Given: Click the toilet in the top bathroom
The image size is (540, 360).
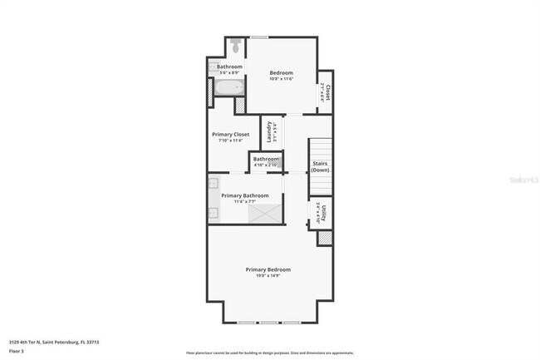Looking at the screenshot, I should click(236, 44).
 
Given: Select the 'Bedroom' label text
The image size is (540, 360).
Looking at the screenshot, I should click(281, 73).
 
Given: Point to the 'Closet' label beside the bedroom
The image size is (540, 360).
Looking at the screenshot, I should click(328, 92).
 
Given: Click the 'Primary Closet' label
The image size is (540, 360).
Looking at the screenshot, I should click(230, 134).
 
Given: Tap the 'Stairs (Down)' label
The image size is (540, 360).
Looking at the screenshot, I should click(320, 166).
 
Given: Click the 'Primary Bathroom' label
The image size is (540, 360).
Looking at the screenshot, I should click(244, 195).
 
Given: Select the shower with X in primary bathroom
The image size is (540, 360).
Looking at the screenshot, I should click(265, 214).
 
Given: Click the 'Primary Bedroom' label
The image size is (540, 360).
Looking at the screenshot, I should click(268, 269).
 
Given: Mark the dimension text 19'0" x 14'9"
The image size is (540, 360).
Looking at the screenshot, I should click(268, 275).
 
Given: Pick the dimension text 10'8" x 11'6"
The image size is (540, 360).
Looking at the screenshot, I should click(281, 79).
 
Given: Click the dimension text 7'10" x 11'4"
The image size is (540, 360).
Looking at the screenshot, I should click(230, 141).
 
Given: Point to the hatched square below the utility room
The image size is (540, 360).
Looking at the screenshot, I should click(325, 238).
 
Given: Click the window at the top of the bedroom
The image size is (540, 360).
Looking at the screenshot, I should click(259, 37).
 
